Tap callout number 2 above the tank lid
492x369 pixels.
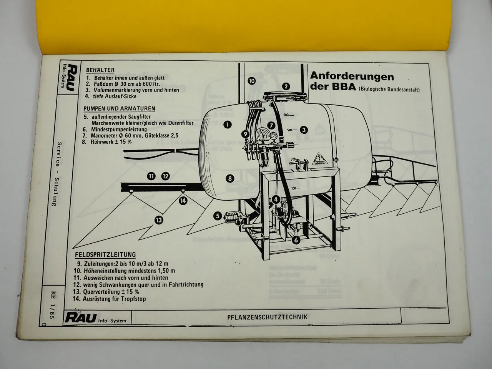(286, 86)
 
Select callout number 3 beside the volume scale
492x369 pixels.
(304, 130)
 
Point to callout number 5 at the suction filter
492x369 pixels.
(218, 216)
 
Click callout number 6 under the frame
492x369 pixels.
(296, 240)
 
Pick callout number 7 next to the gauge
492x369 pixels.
(271, 125)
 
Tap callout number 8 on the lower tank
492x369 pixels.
(230, 178)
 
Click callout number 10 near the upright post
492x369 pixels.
(251, 81)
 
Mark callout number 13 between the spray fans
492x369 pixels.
(158, 220)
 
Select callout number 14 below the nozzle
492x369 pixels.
(183, 200)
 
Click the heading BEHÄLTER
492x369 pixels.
(100, 70)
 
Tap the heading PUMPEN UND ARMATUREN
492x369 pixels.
(119, 108)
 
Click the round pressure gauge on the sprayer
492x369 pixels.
(262, 138)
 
